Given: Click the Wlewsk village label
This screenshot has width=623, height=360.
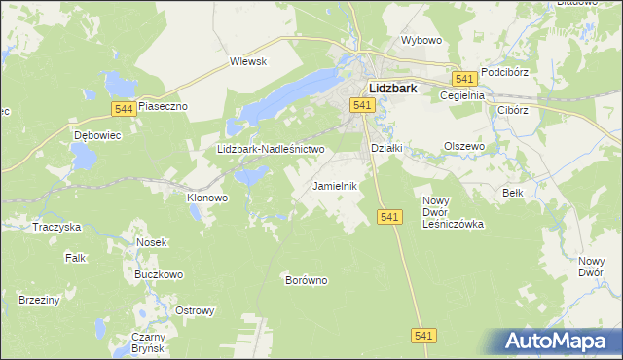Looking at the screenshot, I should pyautogui.click(x=247, y=60).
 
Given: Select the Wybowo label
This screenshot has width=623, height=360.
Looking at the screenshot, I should pyautogui.click(x=421, y=41).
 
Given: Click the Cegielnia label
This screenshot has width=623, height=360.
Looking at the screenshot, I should pyautogui.click(x=462, y=95).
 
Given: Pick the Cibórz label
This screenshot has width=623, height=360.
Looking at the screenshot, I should pyautogui.click(x=512, y=110).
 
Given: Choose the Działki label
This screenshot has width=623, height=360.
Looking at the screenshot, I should pyautogui.click(x=387, y=147).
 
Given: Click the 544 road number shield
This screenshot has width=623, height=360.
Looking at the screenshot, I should pyautogui.click(x=122, y=109).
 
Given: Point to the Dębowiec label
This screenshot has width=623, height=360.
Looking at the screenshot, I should pyautogui.click(x=96, y=135).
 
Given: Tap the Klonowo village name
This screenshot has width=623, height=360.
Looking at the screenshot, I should pyautogui.click(x=206, y=197).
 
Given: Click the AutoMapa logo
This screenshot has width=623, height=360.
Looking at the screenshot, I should pyautogui.click(x=560, y=341).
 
